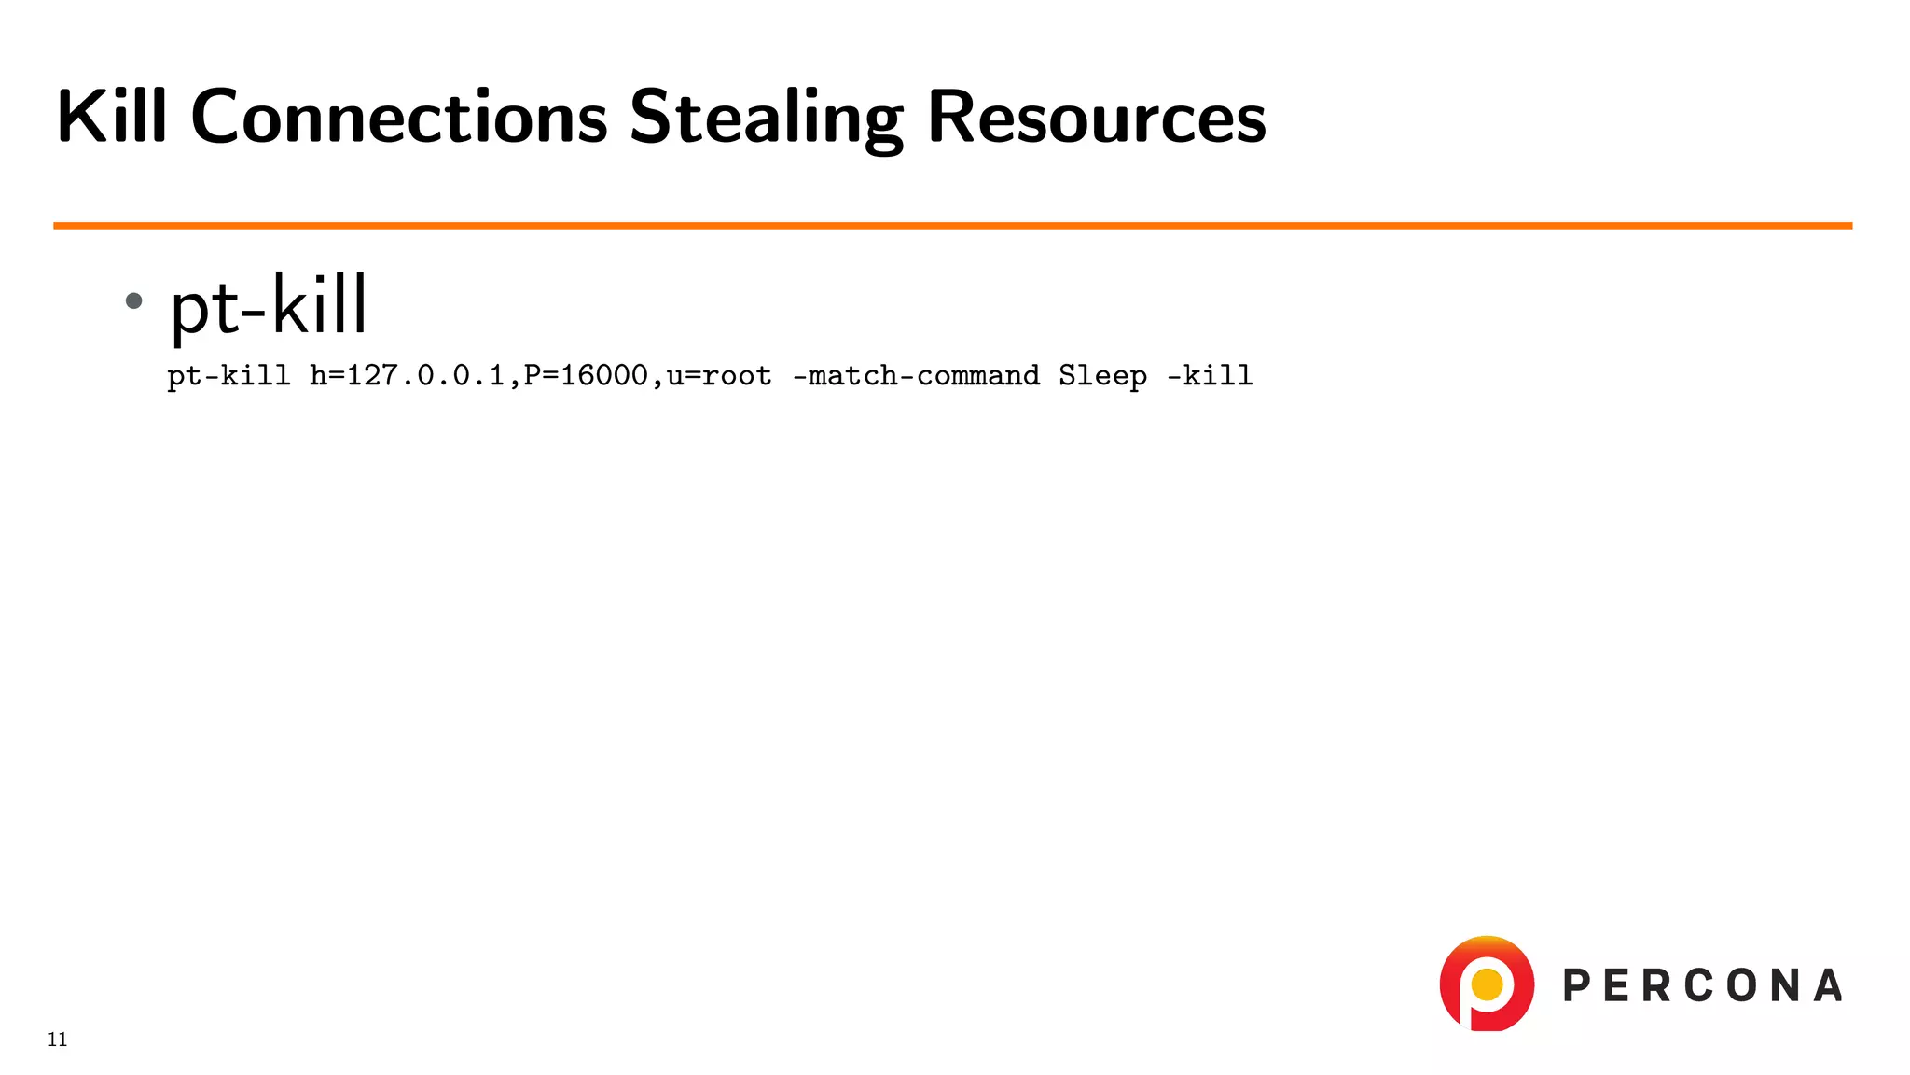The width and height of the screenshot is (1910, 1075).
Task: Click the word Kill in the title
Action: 112,117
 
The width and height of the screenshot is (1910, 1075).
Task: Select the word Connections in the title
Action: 399,117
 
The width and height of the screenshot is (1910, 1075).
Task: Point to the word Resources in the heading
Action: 1097,117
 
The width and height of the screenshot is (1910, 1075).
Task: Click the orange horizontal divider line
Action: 951,225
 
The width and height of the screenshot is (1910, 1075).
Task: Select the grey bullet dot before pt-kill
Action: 134,300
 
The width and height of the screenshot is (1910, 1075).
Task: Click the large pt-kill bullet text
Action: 269,305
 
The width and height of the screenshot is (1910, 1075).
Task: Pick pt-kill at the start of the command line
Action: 228,376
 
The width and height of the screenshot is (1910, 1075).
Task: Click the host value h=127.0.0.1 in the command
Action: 407,375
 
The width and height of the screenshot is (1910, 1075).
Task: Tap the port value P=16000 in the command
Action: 586,375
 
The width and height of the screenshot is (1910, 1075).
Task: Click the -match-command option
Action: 916,375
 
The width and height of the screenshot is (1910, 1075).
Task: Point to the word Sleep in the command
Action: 1102,376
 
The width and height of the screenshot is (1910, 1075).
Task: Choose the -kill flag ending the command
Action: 1210,375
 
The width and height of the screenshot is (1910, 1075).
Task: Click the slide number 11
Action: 58,1040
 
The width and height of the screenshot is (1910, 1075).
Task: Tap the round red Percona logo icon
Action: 1486,984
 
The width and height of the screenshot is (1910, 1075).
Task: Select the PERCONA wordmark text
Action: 1702,986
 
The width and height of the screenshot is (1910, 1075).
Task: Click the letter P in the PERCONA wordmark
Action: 1577,986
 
